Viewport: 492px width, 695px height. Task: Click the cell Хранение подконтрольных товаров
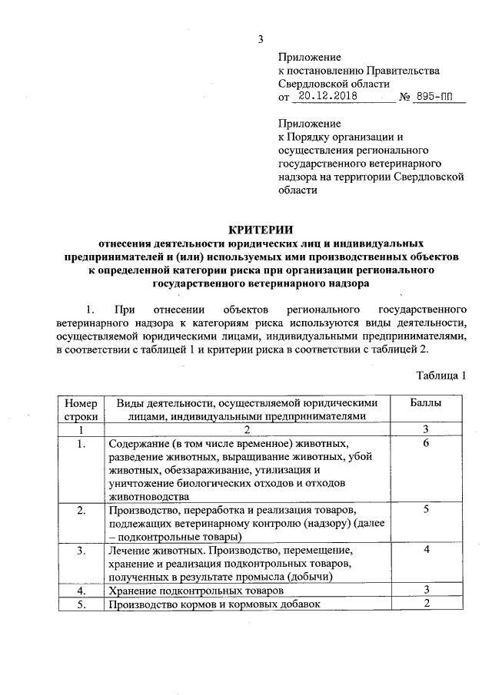pyautogui.click(x=196, y=591)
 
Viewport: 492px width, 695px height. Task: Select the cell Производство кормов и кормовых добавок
pyautogui.click(x=214, y=604)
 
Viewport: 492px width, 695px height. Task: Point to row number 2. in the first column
pyautogui.click(x=81, y=510)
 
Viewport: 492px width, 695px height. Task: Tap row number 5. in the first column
pyautogui.click(x=81, y=604)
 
